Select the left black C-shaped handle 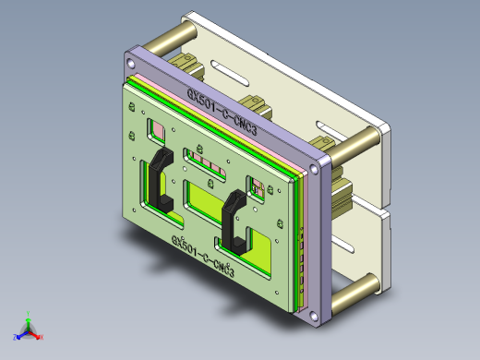pyautogui.click(x=157, y=181)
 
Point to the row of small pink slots pyautogui.click(x=209, y=165)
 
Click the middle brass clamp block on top pyautogui.click(x=252, y=102)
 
